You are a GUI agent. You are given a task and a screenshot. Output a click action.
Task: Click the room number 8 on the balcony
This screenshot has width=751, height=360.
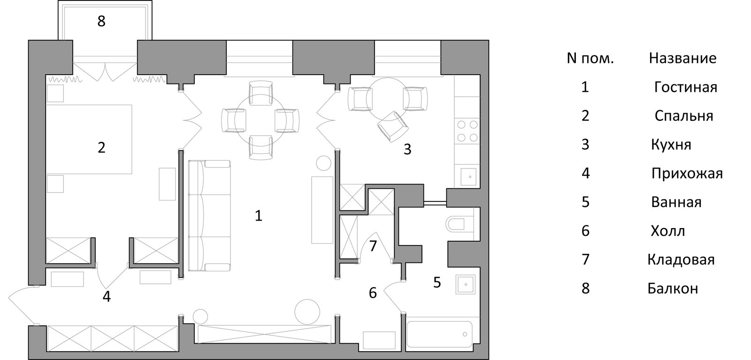click(x=101, y=21)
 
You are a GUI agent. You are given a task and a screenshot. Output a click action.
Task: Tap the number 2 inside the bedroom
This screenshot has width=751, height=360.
click(x=101, y=147)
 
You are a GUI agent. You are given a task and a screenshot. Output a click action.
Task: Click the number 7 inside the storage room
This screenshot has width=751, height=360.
click(x=373, y=245)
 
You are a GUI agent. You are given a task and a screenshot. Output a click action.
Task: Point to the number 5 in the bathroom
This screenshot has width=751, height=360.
click(x=437, y=282)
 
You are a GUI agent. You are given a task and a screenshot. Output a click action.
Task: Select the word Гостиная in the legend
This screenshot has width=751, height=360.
click(x=686, y=87)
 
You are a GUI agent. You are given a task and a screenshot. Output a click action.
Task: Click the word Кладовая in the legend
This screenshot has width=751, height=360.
click(x=681, y=260)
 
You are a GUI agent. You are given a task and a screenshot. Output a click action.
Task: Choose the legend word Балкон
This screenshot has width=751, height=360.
click(x=673, y=288)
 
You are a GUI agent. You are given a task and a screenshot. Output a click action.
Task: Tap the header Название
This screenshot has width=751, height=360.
click(x=682, y=58)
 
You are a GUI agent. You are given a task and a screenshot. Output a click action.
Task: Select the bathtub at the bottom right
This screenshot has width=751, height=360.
click(x=439, y=335)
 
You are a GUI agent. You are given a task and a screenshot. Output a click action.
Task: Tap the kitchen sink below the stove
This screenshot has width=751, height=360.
click(x=468, y=176)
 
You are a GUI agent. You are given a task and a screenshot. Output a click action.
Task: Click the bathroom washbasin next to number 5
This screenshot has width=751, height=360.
click(x=465, y=284)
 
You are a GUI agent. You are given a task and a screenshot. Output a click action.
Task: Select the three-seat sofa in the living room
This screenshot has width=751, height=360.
click(x=209, y=215)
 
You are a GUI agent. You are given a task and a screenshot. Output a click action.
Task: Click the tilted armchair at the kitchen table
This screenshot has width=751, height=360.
click(x=393, y=126)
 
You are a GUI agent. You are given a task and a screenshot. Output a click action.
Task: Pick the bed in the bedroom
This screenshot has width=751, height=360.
click(x=89, y=139)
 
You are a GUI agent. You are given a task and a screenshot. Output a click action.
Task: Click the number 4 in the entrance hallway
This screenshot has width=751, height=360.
click(x=107, y=296)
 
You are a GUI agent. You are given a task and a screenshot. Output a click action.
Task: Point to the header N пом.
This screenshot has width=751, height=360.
click(x=590, y=58)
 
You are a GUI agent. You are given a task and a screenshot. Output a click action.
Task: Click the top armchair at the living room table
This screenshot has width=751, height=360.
click(x=261, y=92)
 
